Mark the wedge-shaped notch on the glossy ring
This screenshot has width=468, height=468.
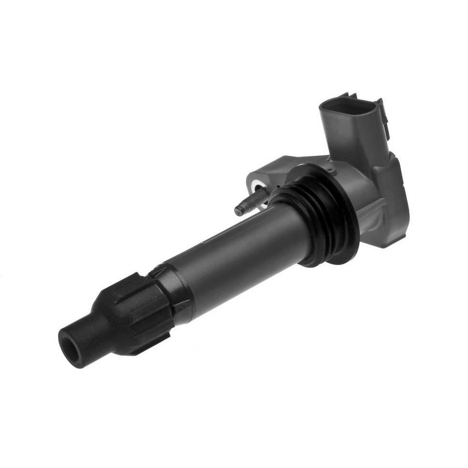pyautogui.click(x=181, y=306)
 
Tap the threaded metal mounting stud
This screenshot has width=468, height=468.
pyautogui.click(x=251, y=203)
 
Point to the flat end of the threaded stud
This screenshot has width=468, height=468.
pyautogui.click(x=238, y=210)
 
